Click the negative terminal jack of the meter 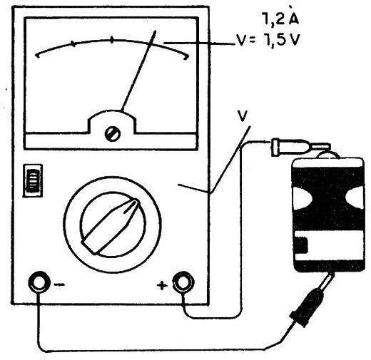click(39, 282)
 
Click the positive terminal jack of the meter click(183, 282)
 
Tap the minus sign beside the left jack click(59, 284)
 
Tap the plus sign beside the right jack click(162, 285)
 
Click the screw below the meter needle click(112, 133)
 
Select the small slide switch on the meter click(33, 180)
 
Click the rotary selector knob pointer click(111, 226)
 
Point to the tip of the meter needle click(156, 31)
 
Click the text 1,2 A click(280, 18)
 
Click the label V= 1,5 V click(268, 40)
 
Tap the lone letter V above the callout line click(243, 115)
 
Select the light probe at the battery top click(300, 147)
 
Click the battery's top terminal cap click(327, 155)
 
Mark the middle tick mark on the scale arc click(112, 40)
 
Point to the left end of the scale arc click(37, 56)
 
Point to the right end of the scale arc click(187, 57)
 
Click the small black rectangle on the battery click(302, 245)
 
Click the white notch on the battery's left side click(302, 198)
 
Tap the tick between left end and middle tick click(73, 44)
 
